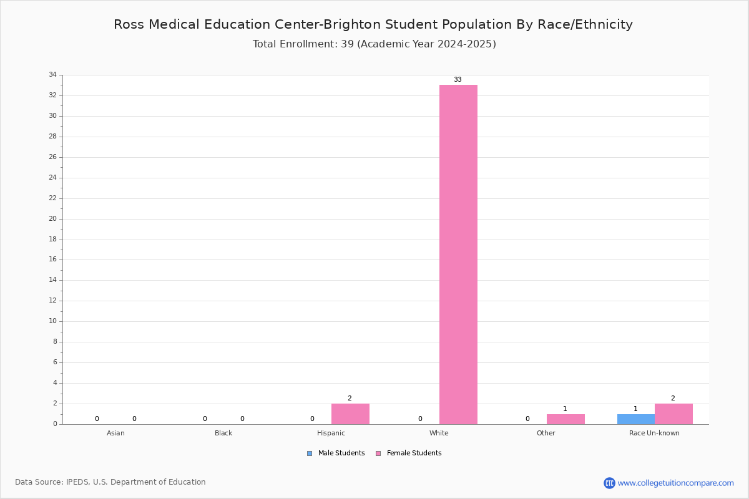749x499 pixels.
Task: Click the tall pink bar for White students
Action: tap(458, 254)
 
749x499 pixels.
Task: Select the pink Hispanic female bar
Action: tap(350, 414)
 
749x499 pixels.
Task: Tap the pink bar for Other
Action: tap(565, 419)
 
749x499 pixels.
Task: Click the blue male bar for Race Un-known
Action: tap(635, 419)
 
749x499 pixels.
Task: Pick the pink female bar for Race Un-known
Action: tap(673, 414)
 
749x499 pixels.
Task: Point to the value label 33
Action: tap(458, 79)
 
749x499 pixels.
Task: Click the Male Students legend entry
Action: tap(336, 453)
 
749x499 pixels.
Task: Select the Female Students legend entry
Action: tap(409, 453)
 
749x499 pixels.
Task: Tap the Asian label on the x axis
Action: tap(115, 433)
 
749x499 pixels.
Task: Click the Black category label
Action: tap(223, 433)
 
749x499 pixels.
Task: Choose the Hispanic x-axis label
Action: tap(331, 433)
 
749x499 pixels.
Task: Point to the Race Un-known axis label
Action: tap(654, 433)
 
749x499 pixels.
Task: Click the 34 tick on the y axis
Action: tap(53, 74)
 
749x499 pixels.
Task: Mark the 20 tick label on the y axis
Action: tap(53, 218)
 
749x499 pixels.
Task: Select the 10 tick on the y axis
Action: tap(53, 321)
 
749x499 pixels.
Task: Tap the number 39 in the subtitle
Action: tap(347, 44)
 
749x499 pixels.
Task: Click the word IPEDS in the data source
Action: tap(77, 482)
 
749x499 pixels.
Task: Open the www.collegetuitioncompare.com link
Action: tap(675, 483)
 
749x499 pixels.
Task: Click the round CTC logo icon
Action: tap(609, 483)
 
